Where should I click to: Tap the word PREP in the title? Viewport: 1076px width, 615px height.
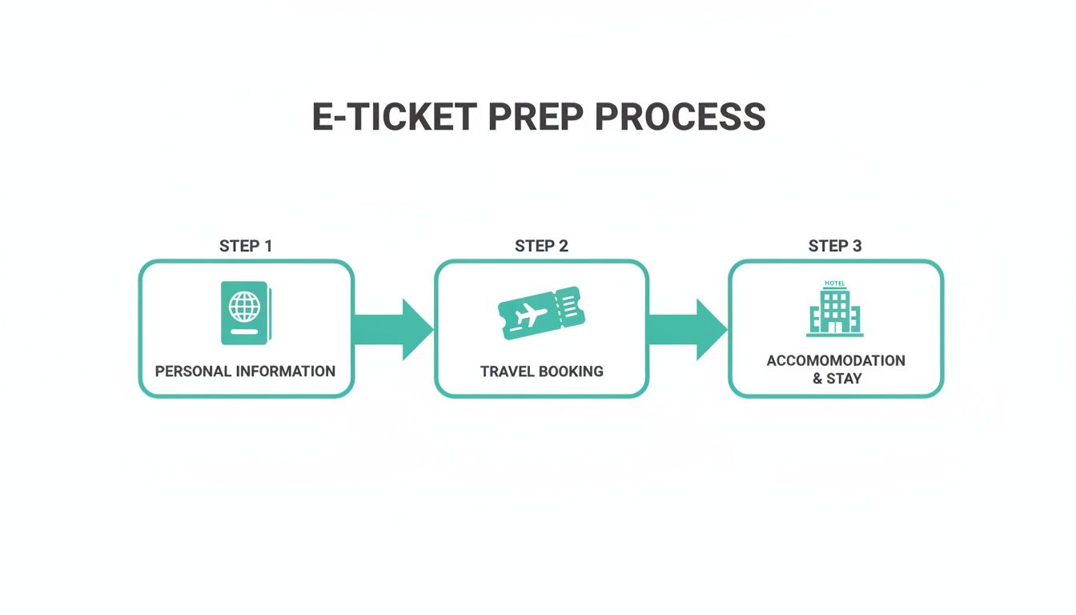pyautogui.click(x=535, y=117)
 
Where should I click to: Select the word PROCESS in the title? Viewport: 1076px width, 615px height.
pyautogui.click(x=680, y=117)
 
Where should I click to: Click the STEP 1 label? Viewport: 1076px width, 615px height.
pyautogui.click(x=246, y=246)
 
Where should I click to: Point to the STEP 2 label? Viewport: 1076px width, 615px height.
pyautogui.click(x=541, y=246)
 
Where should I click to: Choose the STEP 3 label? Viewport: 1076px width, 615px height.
pyautogui.click(x=835, y=246)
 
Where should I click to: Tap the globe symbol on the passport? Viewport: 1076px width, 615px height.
pyautogui.click(x=244, y=307)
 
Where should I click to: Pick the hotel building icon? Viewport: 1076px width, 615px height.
pyautogui.click(x=834, y=310)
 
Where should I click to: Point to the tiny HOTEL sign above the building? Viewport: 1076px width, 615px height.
pyautogui.click(x=834, y=283)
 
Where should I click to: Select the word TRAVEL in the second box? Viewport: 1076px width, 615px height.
pyautogui.click(x=508, y=372)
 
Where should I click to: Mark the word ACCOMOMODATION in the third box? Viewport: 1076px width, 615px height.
pyautogui.click(x=836, y=360)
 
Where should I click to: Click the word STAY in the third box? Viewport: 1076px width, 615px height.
pyautogui.click(x=844, y=378)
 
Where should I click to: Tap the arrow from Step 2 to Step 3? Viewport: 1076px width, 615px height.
pyautogui.click(x=687, y=329)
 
